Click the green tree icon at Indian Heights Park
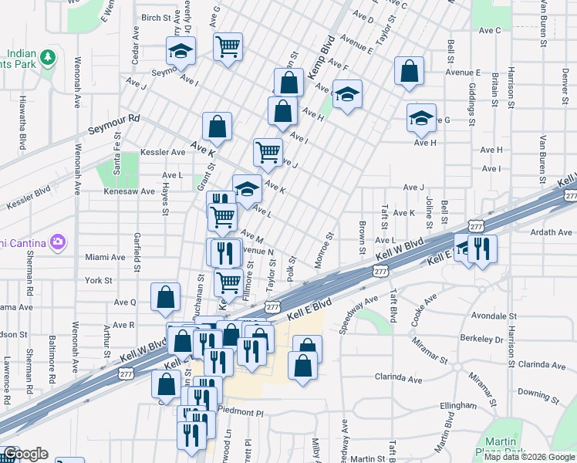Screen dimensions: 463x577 click(48, 57)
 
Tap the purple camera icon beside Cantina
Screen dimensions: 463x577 click(58, 243)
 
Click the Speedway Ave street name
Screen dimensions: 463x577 click(359, 314)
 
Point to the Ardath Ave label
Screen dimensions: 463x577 click(551, 231)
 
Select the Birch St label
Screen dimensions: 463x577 click(155, 17)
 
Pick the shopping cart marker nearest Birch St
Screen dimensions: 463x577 click(228, 46)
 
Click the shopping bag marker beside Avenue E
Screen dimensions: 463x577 click(409, 70)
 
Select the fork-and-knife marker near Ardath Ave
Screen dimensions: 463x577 click(482, 248)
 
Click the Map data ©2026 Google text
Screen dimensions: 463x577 click(529, 456)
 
